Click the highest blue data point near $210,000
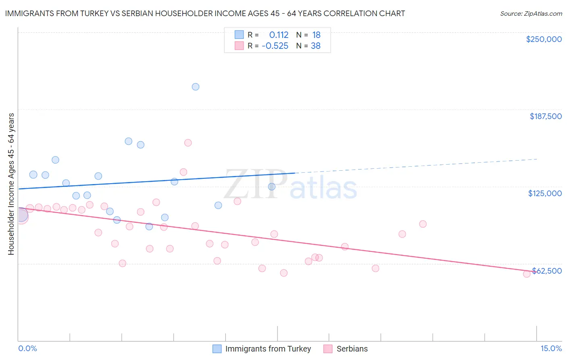(x=196, y=87)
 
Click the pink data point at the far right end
(x=527, y=274)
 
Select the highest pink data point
(x=188, y=143)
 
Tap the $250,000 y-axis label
(x=544, y=39)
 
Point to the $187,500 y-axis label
(x=545, y=116)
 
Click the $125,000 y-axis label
(x=545, y=193)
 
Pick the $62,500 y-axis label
(x=546, y=271)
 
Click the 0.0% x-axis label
(x=27, y=348)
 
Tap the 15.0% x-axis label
(x=551, y=348)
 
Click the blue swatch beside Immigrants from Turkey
(x=217, y=349)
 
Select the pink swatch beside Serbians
(x=328, y=349)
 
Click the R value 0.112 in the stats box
(x=279, y=35)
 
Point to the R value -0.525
(x=275, y=46)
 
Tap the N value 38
(x=316, y=46)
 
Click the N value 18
(x=316, y=35)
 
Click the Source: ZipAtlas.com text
(x=531, y=14)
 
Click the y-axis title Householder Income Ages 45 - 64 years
(x=11, y=184)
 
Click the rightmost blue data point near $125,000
(x=272, y=186)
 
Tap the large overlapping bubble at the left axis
(x=21, y=216)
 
